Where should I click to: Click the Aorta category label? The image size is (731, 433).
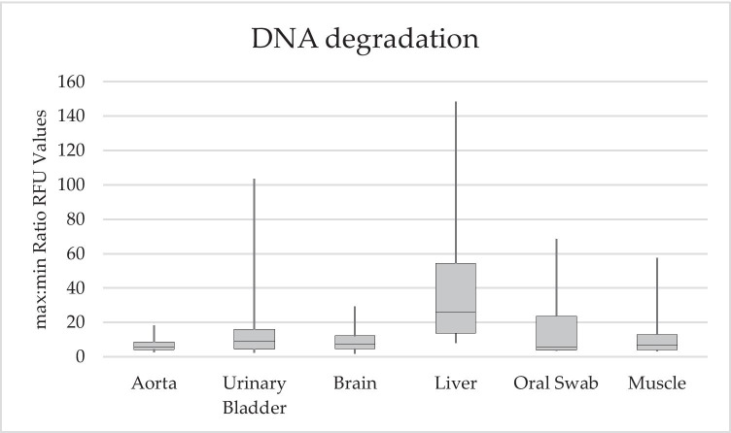[154, 383]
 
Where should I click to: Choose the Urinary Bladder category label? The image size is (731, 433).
[254, 392]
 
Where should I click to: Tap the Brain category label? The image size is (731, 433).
[355, 383]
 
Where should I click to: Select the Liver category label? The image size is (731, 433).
[455, 383]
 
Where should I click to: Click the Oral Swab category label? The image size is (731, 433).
[556, 383]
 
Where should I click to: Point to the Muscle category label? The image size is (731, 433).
[656, 383]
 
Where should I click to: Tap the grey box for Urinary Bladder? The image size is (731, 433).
[254, 339]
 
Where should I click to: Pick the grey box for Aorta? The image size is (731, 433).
[154, 346]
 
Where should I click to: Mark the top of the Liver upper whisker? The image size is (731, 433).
[455, 102]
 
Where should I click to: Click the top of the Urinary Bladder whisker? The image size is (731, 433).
[254, 179]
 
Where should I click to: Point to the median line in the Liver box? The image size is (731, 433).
[455, 312]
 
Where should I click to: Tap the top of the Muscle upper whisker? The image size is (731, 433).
[656, 258]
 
